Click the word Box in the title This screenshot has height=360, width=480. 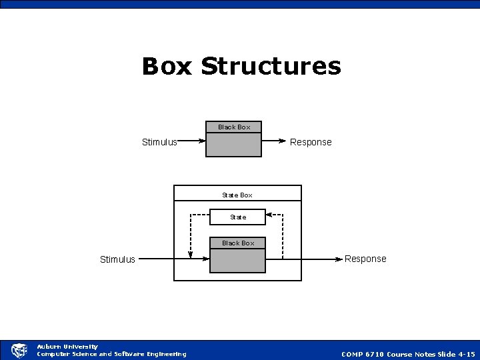(x=167, y=67)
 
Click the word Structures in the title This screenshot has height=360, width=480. (x=271, y=67)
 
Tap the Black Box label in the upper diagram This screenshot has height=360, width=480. (x=234, y=127)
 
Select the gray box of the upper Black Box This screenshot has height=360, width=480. (x=234, y=145)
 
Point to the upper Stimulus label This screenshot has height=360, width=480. (x=159, y=142)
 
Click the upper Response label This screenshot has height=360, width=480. (x=311, y=142)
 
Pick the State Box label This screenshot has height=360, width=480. (x=237, y=195)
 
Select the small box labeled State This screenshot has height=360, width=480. (x=238, y=217)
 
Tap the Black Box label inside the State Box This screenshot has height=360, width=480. (x=238, y=243)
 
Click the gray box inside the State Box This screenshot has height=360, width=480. (x=238, y=261)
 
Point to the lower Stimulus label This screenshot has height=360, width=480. (x=117, y=259)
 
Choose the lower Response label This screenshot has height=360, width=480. (x=365, y=259)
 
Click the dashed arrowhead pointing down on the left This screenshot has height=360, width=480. (x=191, y=255)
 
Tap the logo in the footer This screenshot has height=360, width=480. (x=19, y=350)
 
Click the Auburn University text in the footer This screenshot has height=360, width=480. (x=67, y=347)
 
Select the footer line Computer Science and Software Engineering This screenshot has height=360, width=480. (x=111, y=354)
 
